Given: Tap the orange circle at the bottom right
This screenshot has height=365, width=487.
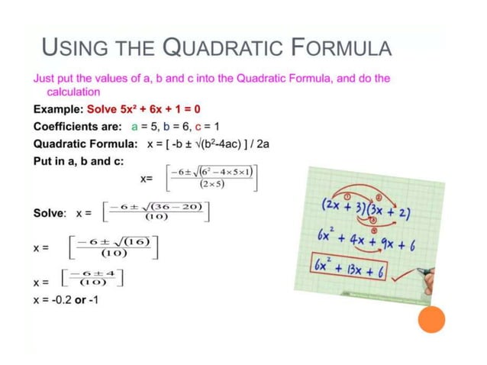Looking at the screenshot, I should [x=431, y=319].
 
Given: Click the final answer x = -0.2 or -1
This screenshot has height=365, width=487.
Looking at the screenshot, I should [x=66, y=299].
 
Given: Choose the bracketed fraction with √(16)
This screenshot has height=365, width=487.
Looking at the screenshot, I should [x=113, y=247].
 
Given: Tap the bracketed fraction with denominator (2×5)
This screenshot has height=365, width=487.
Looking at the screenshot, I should [x=211, y=176].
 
